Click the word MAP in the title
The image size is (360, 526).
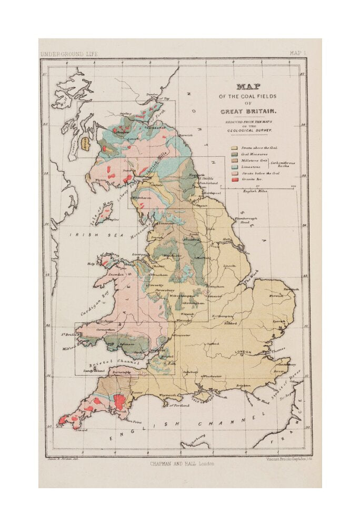(248, 87)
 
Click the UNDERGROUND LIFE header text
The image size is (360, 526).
(69, 54)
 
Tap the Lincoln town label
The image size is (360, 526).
(229, 266)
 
